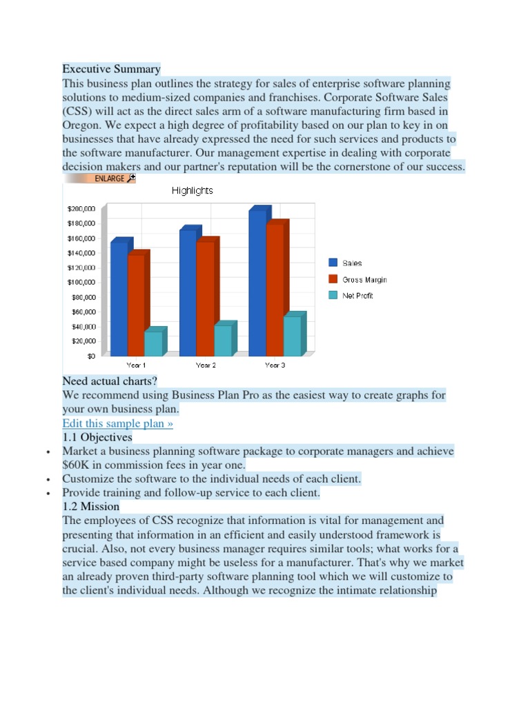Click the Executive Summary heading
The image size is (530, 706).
(x=111, y=69)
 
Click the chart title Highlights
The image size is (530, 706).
(x=192, y=191)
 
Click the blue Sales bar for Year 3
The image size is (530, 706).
(x=257, y=283)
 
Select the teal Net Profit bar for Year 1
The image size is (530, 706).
(x=153, y=343)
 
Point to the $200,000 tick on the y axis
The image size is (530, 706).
(x=81, y=208)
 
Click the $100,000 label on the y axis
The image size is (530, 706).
(x=81, y=282)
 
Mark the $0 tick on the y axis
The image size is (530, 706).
(x=90, y=356)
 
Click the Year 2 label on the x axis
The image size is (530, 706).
(x=206, y=365)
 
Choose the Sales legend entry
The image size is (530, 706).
(x=351, y=263)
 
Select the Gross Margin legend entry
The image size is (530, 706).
(x=364, y=280)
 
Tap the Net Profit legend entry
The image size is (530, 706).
(x=357, y=296)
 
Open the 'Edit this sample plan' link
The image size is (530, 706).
(x=117, y=423)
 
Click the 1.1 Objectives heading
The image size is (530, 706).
(x=97, y=437)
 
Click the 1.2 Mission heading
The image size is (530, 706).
(x=90, y=506)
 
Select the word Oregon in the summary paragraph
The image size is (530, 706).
(x=81, y=125)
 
